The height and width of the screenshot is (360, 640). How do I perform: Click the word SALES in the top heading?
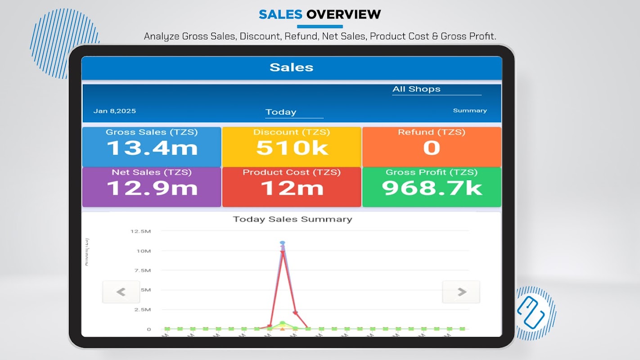(280, 14)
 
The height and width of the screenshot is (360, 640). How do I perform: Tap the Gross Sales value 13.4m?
(152, 148)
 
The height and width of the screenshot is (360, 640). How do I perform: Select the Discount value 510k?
(292, 148)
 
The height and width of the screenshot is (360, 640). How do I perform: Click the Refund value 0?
(431, 148)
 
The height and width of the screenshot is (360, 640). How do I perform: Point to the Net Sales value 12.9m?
(152, 188)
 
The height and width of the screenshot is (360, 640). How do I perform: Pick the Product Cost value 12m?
(292, 188)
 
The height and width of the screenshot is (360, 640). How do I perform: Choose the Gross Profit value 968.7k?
(432, 188)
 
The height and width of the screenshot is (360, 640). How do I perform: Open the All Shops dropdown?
(436, 89)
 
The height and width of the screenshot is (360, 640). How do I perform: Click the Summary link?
(469, 111)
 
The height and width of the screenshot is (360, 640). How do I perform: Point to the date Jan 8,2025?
(114, 111)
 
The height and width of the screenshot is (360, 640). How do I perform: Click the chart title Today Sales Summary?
(292, 219)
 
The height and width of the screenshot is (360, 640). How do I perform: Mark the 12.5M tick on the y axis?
(140, 231)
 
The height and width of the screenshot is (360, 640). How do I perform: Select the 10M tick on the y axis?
(144, 251)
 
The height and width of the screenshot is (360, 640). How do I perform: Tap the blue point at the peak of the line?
(282, 243)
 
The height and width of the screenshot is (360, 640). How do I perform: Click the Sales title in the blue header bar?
(291, 67)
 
